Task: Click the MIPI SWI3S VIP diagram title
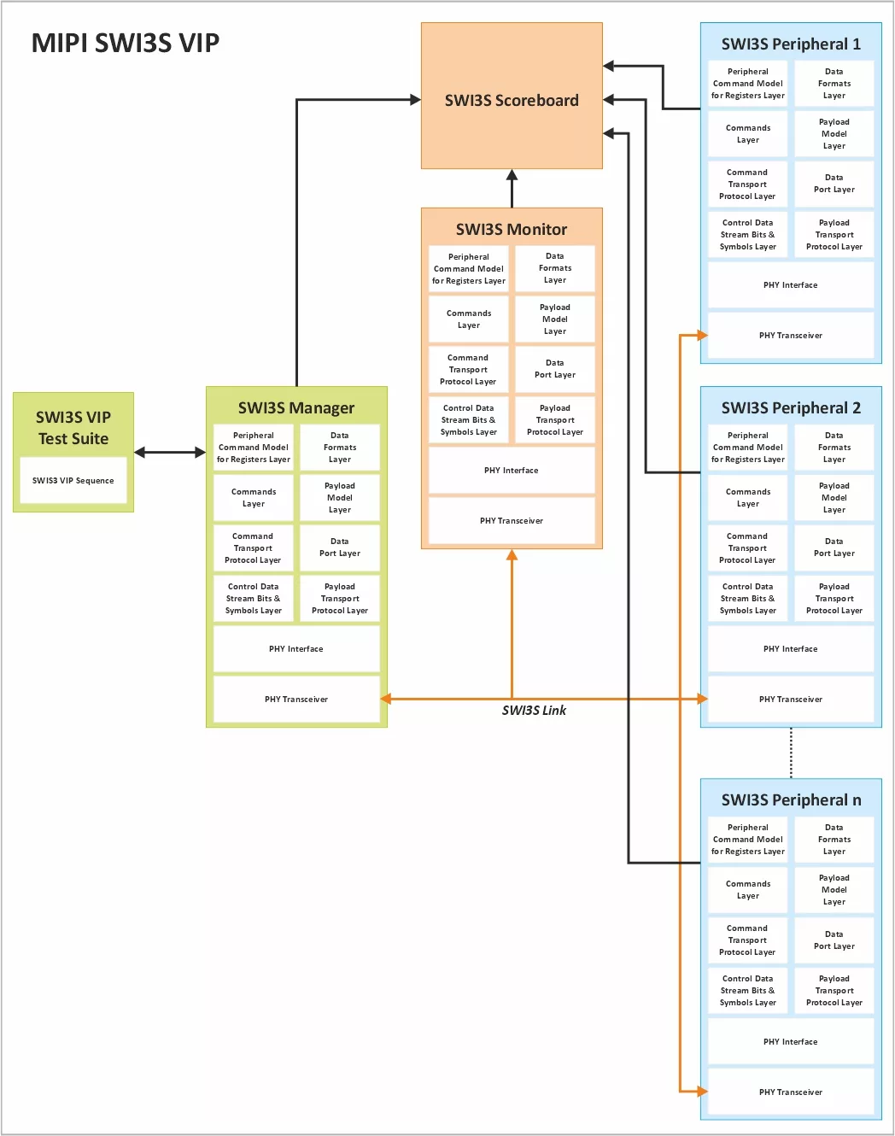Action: click(125, 43)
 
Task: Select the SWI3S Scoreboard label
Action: click(512, 100)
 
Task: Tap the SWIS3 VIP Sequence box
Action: click(73, 480)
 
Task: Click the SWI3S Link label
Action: click(534, 710)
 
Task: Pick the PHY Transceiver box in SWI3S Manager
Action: click(296, 699)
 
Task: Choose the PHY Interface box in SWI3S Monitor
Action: click(512, 470)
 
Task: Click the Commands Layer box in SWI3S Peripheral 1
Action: click(747, 133)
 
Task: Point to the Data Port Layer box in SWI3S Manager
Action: click(339, 548)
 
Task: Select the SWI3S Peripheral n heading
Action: click(791, 799)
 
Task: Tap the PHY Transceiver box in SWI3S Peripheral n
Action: click(791, 1092)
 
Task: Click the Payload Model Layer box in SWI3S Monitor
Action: click(554, 319)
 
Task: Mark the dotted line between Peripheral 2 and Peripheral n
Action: click(791, 752)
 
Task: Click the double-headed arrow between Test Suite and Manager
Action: click(169, 452)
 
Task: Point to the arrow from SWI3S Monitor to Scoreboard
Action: click(512, 188)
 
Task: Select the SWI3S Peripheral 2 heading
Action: click(791, 407)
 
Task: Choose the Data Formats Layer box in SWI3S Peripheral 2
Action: click(834, 447)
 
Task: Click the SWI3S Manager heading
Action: click(296, 407)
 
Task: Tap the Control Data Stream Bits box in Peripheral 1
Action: click(747, 234)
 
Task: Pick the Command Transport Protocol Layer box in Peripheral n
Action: click(747, 940)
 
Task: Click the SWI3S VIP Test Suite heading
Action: click(73, 428)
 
